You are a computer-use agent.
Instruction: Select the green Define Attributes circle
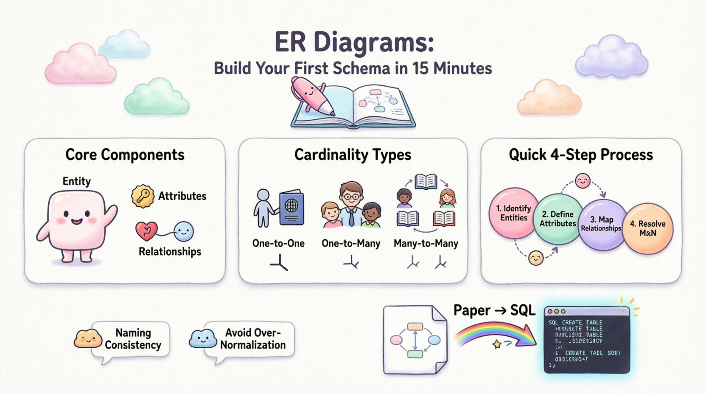click(x=558, y=219)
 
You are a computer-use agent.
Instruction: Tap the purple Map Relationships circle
click(x=602, y=224)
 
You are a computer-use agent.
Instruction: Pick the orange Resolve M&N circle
click(x=647, y=228)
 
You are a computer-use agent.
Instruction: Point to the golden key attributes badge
click(x=143, y=196)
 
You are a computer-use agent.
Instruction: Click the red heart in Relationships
click(x=146, y=231)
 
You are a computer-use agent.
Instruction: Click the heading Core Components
click(x=125, y=155)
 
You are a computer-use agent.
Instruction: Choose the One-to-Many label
click(x=351, y=244)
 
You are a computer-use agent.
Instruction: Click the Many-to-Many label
click(x=426, y=244)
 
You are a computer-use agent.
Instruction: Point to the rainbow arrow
click(x=494, y=333)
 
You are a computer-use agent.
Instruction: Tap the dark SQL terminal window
click(x=587, y=340)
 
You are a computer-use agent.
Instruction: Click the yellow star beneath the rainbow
click(x=497, y=344)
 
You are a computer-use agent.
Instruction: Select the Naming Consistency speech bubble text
click(x=133, y=339)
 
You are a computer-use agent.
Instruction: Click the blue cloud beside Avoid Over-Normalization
click(x=202, y=338)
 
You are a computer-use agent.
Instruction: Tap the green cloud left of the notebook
click(x=157, y=97)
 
